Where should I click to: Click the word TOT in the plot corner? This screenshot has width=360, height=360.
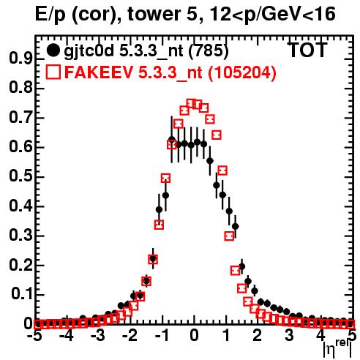[307, 50]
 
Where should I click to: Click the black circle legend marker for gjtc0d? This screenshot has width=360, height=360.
[53, 50]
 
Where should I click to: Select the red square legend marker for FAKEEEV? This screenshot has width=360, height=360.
[53, 72]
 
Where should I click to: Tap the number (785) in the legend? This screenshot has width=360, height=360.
[209, 50]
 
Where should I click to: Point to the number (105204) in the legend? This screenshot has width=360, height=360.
[242, 72]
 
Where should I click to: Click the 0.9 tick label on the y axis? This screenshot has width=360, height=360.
[20, 59]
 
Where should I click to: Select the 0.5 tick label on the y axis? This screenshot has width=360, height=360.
[20, 176]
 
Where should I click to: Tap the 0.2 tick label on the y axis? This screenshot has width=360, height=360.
[20, 265]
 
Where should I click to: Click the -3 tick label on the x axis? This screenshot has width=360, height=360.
[98, 336]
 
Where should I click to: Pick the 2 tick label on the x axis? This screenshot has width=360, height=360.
[258, 336]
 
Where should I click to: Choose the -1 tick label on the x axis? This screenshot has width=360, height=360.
[162, 336]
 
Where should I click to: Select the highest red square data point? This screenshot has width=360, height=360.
[191, 104]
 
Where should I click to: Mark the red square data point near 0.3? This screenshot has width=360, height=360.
[229, 236]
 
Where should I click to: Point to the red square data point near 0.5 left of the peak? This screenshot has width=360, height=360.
[165, 179]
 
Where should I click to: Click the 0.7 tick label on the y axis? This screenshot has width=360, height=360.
[20, 118]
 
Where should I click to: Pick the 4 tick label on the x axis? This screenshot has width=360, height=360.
[321, 336]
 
